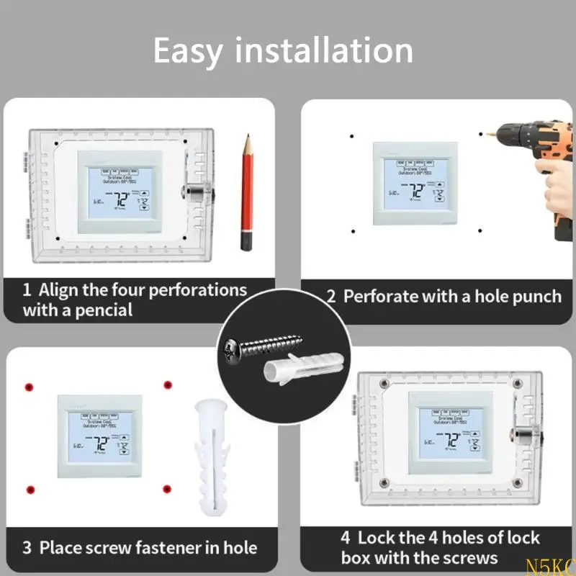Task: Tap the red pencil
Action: pyautogui.click(x=247, y=191)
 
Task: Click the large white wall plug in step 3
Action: pyautogui.click(x=210, y=455)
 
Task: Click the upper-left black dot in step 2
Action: pyautogui.click(x=350, y=135)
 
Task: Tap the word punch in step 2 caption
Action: pyautogui.click(x=536, y=296)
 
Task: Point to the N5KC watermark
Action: pyautogui.click(x=559, y=567)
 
